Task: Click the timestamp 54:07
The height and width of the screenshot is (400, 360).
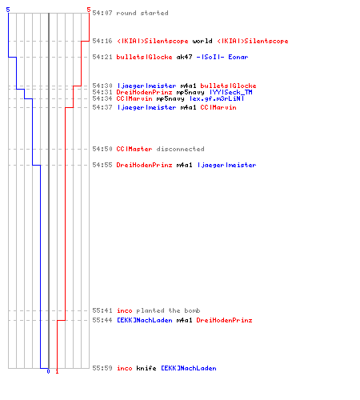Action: coord(102,13)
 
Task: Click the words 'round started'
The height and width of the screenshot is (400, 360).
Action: coord(142,13)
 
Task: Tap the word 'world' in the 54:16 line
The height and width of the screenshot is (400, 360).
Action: coord(202,41)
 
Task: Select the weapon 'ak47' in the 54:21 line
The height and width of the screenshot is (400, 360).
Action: coord(184,57)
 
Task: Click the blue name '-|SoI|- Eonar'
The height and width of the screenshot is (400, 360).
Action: coord(222,57)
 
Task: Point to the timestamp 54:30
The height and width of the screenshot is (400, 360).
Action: coord(102,86)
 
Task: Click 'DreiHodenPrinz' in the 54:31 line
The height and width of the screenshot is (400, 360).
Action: coord(144,92)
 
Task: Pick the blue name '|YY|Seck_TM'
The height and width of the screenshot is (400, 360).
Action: coord(231,92)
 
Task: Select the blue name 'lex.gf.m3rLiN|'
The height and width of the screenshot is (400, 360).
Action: coord(217,98)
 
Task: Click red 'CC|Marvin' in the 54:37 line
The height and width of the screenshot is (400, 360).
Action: coord(218,107)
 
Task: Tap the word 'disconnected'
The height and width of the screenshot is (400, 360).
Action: coord(180,149)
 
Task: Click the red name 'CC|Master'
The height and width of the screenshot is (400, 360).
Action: coord(134,149)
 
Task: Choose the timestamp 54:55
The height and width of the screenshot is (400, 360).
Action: coord(102,165)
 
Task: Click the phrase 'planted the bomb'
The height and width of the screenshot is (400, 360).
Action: coord(168,310)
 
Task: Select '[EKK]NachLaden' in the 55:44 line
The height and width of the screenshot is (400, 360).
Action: coord(145,320)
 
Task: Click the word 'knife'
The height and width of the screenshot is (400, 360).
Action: coord(146,368)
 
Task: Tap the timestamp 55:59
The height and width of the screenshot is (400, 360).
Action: coord(102,368)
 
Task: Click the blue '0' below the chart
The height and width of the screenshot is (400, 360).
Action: coord(48,371)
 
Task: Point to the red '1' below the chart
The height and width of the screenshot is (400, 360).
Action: coord(57,371)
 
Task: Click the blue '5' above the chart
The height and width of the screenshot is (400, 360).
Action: coord(8,10)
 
